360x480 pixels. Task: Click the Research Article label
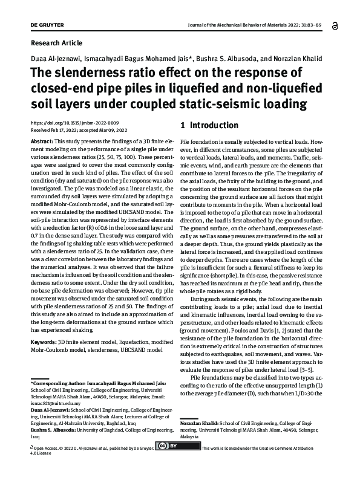pyautogui.click(x=56, y=43)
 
